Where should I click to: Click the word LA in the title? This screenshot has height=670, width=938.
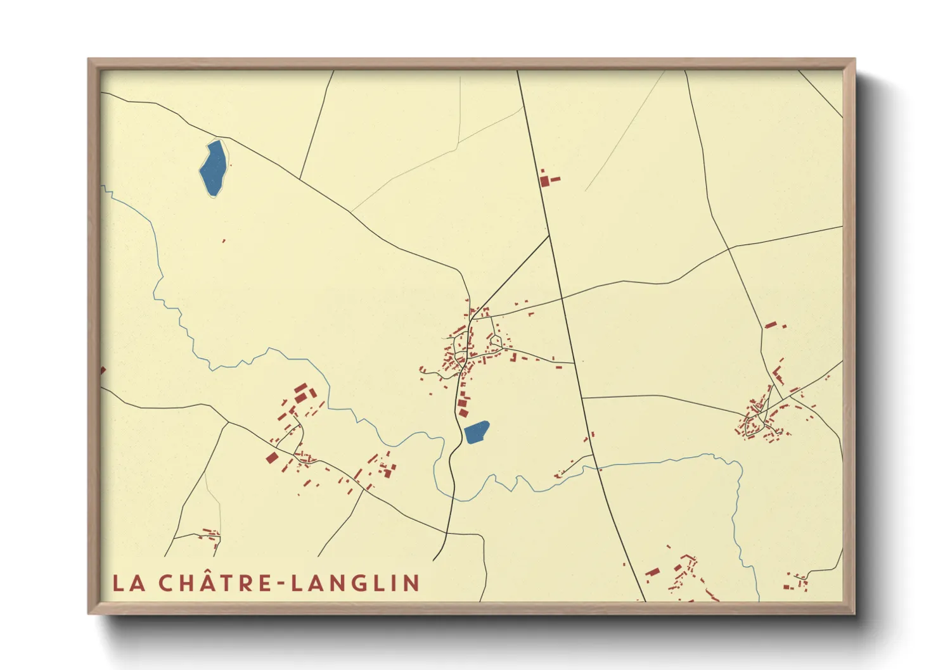tap(129, 583)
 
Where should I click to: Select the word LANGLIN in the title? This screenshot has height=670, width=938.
tap(356, 583)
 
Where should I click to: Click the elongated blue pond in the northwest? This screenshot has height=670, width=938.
tap(213, 168)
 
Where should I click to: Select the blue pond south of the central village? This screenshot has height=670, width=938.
tap(476, 433)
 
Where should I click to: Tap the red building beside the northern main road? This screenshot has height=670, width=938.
tap(546, 180)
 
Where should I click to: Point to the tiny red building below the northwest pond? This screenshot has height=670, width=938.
tap(224, 241)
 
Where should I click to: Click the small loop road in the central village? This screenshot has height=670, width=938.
tap(496, 342)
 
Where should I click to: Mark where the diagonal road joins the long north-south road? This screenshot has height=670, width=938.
tap(549, 236)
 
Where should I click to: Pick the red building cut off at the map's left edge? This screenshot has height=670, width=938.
tap(103, 370)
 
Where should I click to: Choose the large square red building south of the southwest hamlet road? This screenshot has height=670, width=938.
tap(272, 458)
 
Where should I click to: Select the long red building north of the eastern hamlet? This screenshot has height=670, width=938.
tap(770, 325)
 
